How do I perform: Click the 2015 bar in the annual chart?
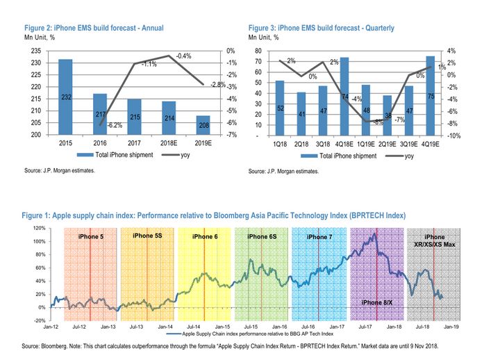[x=65, y=97]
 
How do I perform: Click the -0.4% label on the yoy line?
[x=183, y=55]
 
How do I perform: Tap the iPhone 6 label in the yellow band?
[x=205, y=237]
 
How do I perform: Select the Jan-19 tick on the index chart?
[x=449, y=326]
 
